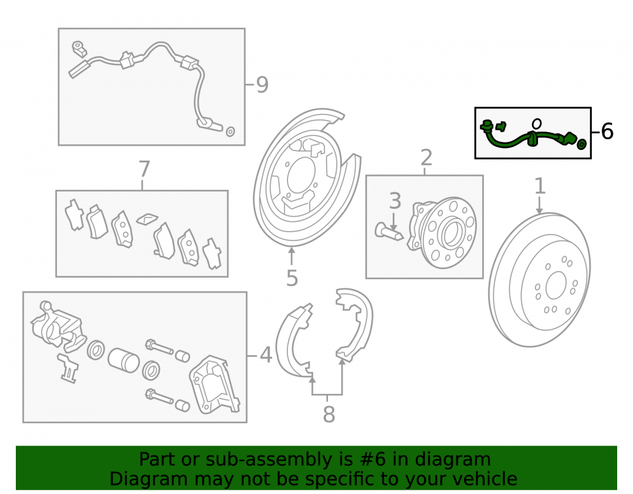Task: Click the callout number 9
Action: [x=263, y=85]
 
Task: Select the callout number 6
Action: [x=607, y=132]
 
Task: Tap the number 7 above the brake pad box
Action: [x=144, y=170]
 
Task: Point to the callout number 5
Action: [x=292, y=278]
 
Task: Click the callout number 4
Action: [x=266, y=355]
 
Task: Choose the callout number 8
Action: [x=329, y=414]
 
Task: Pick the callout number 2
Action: [x=426, y=157]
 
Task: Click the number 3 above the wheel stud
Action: [x=395, y=201]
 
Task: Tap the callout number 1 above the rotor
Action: [x=540, y=187]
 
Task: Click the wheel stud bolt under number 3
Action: [x=389, y=232]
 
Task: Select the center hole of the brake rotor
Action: [x=556, y=285]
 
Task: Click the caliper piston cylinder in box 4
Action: [x=123, y=360]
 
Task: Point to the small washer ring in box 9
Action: [x=230, y=132]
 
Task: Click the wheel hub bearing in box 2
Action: [x=442, y=233]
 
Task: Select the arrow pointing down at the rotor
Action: [x=539, y=205]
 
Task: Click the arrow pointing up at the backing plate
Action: [x=291, y=256]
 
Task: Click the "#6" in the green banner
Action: [x=372, y=459]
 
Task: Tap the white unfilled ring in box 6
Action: [x=537, y=123]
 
